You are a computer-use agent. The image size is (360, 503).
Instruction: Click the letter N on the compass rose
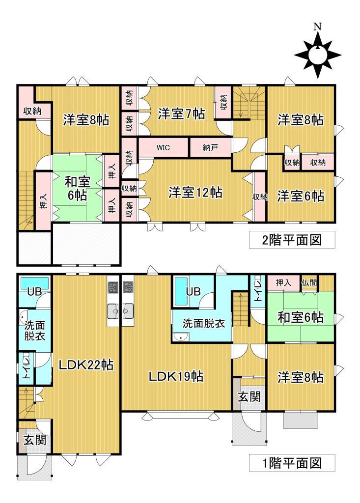coord(318,27)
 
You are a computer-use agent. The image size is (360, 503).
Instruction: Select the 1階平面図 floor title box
coord(292,462)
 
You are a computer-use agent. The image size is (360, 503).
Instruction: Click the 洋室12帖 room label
coord(195,192)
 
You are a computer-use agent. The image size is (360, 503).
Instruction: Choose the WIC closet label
coord(164,147)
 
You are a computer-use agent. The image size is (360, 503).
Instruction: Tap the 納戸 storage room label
coord(210,147)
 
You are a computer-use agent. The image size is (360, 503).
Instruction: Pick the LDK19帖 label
coord(177,377)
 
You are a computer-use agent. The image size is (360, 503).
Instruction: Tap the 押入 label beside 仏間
coord(283,282)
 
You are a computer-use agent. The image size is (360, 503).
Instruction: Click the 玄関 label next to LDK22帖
coord(34,440)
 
